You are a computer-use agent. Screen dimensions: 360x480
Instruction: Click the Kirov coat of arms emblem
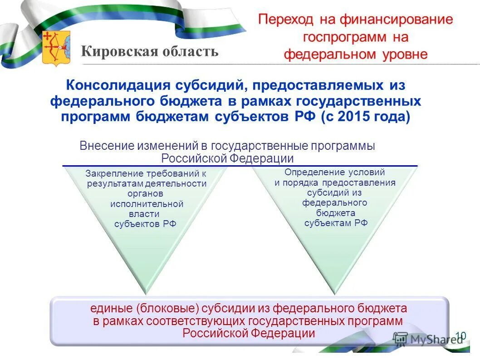[x=56, y=48]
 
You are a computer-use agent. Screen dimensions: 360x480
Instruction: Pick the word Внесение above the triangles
[x=102, y=146]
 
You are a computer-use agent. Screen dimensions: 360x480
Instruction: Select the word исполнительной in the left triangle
[x=147, y=204]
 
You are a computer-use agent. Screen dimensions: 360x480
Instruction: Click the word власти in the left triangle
[x=146, y=214]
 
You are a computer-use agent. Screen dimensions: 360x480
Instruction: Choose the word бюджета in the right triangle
[x=335, y=213]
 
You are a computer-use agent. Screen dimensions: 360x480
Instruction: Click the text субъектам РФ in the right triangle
[x=335, y=223]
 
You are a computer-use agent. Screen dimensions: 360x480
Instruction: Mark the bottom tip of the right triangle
[x=336, y=292]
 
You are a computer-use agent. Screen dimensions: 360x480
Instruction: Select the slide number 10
[x=460, y=335]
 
